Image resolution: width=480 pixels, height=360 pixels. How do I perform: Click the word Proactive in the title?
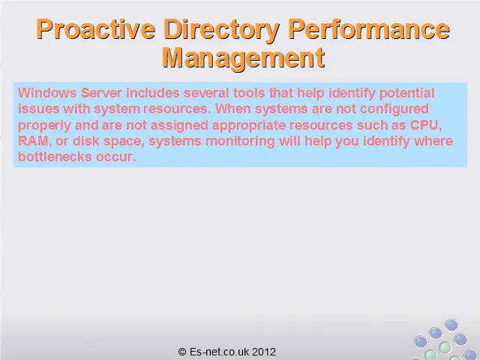tap(95, 29)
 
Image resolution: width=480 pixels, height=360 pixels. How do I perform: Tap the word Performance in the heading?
tap(369, 29)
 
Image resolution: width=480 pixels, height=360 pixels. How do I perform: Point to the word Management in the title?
tap(243, 58)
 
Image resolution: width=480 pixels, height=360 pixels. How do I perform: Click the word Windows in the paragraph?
tap(47, 93)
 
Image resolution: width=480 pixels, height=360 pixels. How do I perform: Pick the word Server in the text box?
tap(101, 93)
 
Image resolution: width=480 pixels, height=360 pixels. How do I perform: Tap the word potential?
tap(406, 93)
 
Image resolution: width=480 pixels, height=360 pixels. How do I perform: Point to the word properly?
tap(45, 126)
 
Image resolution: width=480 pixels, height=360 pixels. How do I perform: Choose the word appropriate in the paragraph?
tap(249, 126)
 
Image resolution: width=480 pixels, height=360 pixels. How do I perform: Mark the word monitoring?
tap(240, 142)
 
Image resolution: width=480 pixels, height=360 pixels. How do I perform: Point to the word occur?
tap(116, 157)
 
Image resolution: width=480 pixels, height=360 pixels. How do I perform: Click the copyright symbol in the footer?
tap(182, 352)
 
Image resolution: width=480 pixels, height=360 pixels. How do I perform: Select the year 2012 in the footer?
tap(264, 352)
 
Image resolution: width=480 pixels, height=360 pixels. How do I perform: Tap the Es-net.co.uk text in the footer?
tap(219, 352)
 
